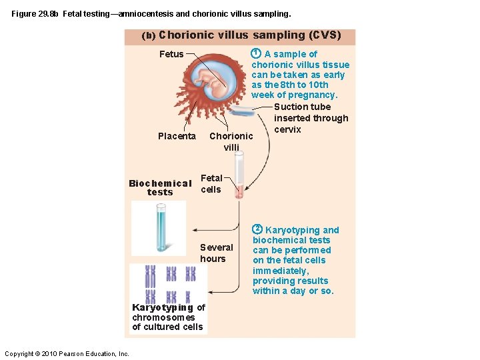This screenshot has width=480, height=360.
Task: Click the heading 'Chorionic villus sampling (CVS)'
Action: click(249, 35)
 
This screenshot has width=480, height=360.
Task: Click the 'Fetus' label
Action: click(171, 54)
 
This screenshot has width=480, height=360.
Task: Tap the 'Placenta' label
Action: click(177, 136)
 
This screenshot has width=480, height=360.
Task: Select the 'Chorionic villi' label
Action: click(231, 141)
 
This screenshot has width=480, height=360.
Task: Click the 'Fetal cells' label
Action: click(211, 183)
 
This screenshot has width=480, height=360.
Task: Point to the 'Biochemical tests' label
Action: click(160, 187)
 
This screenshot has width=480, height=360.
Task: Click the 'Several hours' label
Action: click(216, 253)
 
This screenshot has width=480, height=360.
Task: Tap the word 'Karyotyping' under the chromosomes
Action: click(163, 307)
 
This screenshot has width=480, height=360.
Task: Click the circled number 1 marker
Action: click(255, 53)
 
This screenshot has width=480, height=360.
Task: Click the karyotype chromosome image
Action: click(169, 283)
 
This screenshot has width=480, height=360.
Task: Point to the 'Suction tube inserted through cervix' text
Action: click(311, 118)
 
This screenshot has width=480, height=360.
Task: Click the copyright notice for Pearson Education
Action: click(67, 353)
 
